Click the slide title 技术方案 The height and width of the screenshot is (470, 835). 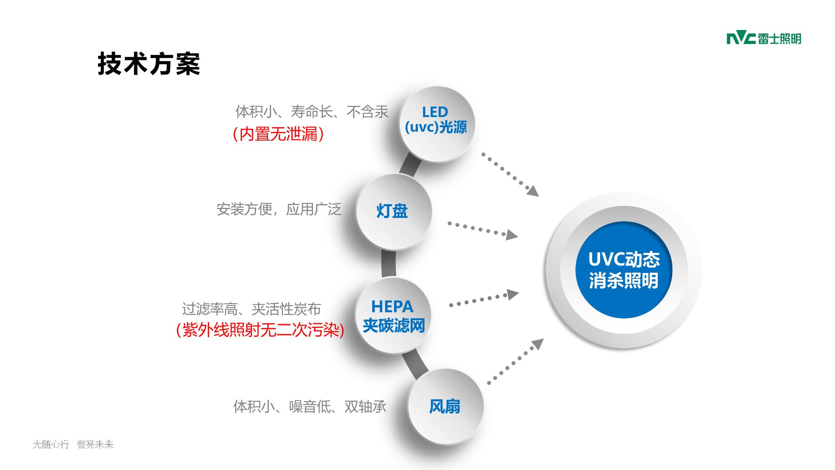click(x=149, y=64)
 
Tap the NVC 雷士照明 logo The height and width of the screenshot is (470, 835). click(x=764, y=39)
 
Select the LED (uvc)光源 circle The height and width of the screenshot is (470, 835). click(x=436, y=124)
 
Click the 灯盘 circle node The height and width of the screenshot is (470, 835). click(x=393, y=212)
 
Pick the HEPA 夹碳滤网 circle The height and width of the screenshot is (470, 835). click(x=393, y=316)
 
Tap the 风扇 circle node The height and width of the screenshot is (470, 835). click(x=445, y=406)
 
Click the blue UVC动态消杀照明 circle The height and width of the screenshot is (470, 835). click(x=624, y=270)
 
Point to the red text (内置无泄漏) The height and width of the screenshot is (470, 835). click(x=278, y=134)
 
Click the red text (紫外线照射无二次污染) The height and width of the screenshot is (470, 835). click(x=260, y=330)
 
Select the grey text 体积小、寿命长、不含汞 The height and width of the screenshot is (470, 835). click(x=311, y=112)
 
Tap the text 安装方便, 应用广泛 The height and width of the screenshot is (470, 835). click(x=279, y=209)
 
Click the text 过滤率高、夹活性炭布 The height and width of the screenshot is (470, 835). click(x=251, y=309)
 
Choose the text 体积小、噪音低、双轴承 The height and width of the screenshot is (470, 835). click(x=310, y=406)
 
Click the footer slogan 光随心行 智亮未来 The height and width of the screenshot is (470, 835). click(x=73, y=444)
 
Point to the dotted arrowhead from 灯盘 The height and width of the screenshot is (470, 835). click(x=512, y=235)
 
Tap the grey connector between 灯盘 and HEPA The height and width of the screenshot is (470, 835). click(x=388, y=264)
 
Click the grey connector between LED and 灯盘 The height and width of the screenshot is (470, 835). click(x=410, y=165)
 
